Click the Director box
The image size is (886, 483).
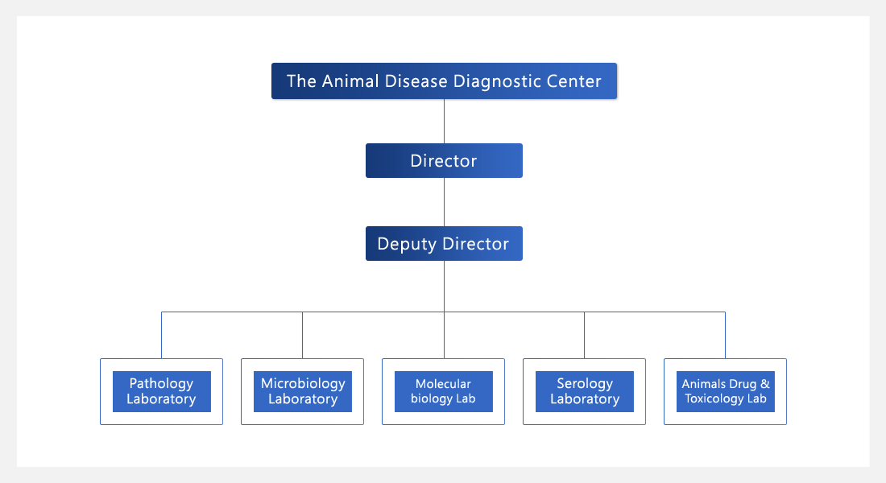(x=444, y=160)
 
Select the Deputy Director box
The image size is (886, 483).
(x=444, y=243)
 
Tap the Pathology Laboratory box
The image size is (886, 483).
(x=162, y=391)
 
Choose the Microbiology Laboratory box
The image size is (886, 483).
(x=302, y=391)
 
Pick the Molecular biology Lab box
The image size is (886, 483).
(x=444, y=391)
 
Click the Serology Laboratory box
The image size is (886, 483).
(x=584, y=391)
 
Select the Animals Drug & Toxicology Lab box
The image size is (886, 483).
(x=726, y=391)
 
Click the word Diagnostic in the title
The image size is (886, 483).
(x=491, y=81)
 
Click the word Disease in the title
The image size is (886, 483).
(x=416, y=80)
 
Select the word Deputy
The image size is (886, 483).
(x=407, y=244)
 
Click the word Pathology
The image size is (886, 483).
(x=162, y=383)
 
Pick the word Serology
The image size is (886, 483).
(x=585, y=383)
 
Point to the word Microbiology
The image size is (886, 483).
(x=303, y=383)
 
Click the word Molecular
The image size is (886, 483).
(x=443, y=384)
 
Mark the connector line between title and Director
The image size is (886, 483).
(x=444, y=122)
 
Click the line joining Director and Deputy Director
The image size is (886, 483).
(x=444, y=202)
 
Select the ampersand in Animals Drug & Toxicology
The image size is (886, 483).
(x=765, y=384)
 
